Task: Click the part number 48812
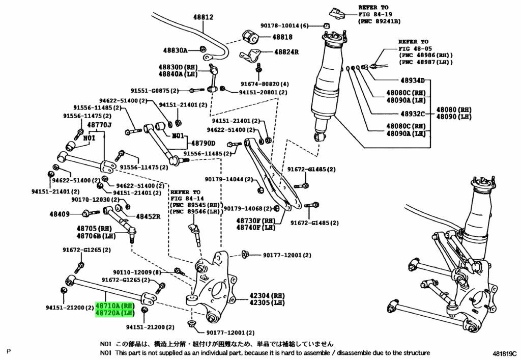pyautogui.click(x=202, y=17)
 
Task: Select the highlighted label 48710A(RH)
pyautogui.click(x=114, y=307)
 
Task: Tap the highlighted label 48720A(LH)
pyautogui.click(x=114, y=314)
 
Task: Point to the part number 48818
pyautogui.click(x=282, y=37)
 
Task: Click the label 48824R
pyautogui.click(x=286, y=52)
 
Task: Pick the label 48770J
pyautogui.click(x=99, y=125)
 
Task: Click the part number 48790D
pyautogui.click(x=202, y=143)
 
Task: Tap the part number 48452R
pyautogui.click(x=148, y=216)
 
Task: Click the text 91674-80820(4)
pyautogui.click(x=265, y=84)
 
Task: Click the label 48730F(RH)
pyautogui.click(x=255, y=221)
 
